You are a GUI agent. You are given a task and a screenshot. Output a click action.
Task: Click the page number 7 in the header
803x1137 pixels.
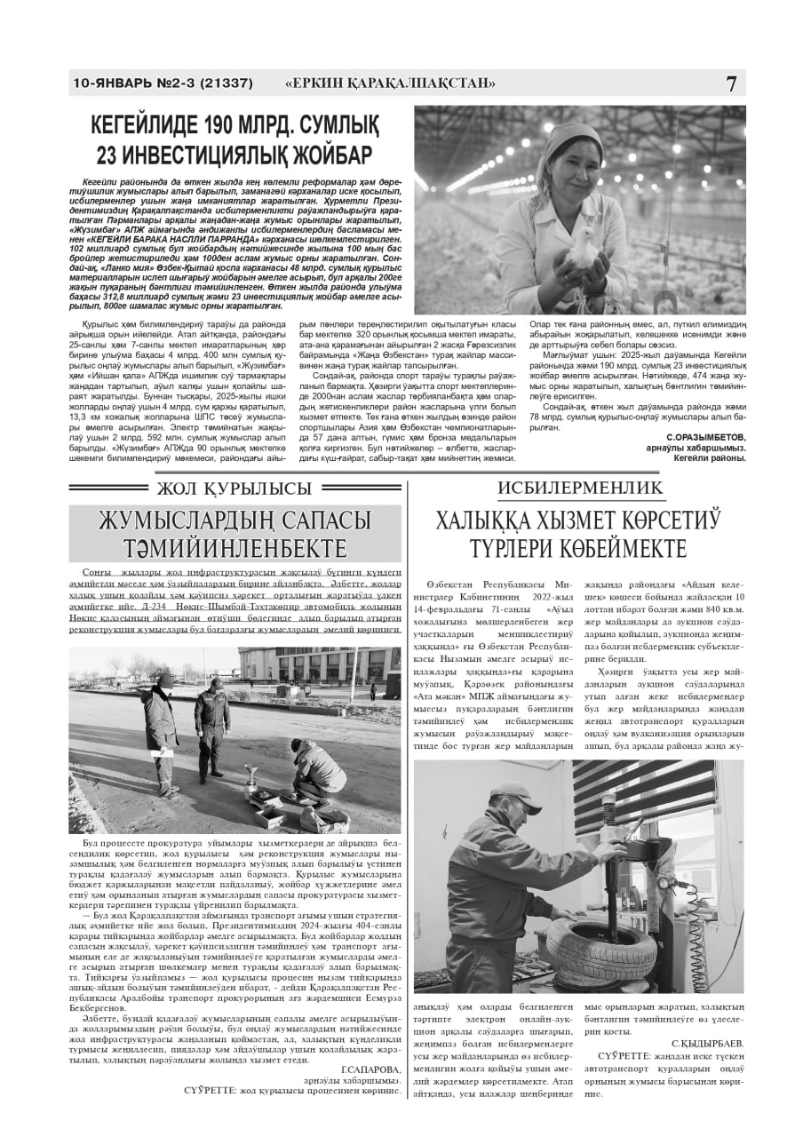730,84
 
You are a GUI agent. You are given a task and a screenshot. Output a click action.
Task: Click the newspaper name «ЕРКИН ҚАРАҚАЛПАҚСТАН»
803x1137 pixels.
390,84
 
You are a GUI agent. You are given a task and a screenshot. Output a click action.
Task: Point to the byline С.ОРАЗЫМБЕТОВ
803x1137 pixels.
705,438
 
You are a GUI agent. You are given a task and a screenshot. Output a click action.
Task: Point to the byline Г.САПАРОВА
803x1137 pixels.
370,1069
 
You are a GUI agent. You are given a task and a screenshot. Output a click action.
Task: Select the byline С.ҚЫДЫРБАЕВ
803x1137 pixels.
707,1042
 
